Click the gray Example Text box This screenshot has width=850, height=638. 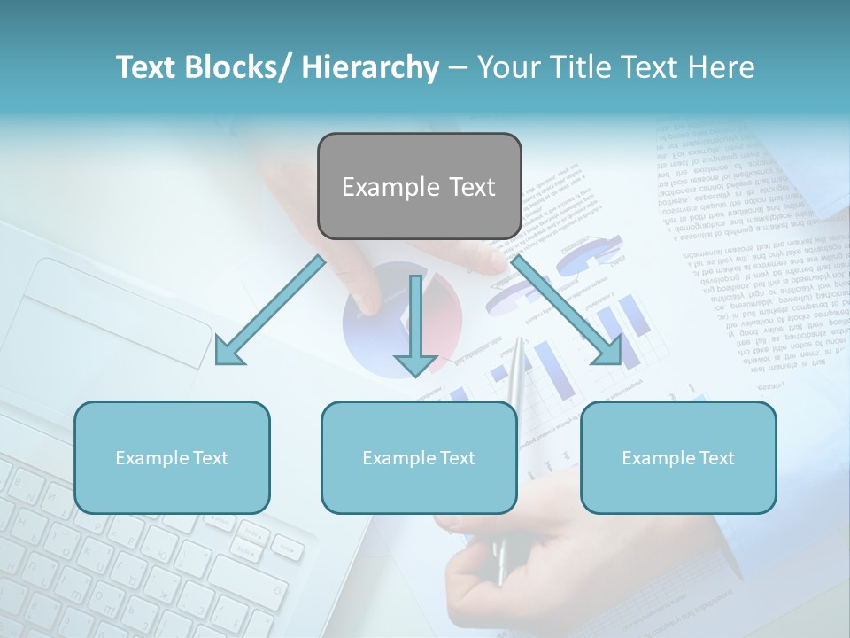[419, 186]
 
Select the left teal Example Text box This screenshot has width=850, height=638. [172, 457]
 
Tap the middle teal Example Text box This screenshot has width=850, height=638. [419, 457]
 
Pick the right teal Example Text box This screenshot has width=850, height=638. [678, 457]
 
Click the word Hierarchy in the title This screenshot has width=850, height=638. [370, 67]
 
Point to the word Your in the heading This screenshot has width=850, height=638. [506, 67]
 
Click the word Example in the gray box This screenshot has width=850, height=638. [390, 187]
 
